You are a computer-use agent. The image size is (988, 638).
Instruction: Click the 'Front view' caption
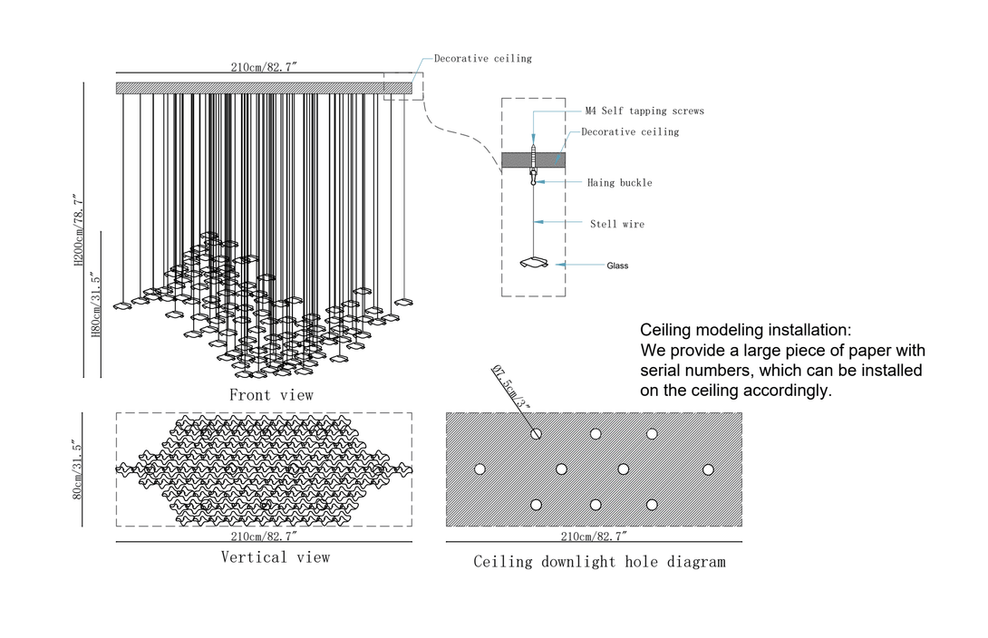[271, 395]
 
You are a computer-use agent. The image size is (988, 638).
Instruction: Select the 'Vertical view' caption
[275, 557]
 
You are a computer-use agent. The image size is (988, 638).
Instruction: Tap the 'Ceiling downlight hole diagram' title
[599, 562]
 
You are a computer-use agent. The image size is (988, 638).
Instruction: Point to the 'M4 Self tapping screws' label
[644, 111]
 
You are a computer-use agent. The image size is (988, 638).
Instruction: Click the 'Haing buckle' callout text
[619, 183]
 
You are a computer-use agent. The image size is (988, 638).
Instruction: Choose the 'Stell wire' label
[617, 224]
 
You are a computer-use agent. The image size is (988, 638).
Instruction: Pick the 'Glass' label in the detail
[617, 266]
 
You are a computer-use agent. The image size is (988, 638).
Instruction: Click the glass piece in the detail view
[535, 263]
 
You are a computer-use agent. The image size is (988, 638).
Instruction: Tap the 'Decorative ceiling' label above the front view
[482, 59]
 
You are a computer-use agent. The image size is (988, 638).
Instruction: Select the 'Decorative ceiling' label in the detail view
[630, 132]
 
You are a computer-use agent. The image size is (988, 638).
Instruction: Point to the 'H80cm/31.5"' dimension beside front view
[96, 304]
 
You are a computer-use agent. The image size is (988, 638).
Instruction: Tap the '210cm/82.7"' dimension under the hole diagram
[594, 537]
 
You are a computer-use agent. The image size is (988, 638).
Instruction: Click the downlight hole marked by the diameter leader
[536, 434]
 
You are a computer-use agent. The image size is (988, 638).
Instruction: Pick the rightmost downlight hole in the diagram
[708, 469]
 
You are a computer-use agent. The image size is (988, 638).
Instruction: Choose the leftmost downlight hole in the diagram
[479, 469]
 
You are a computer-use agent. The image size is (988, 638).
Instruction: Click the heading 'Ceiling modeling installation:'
[746, 330]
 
